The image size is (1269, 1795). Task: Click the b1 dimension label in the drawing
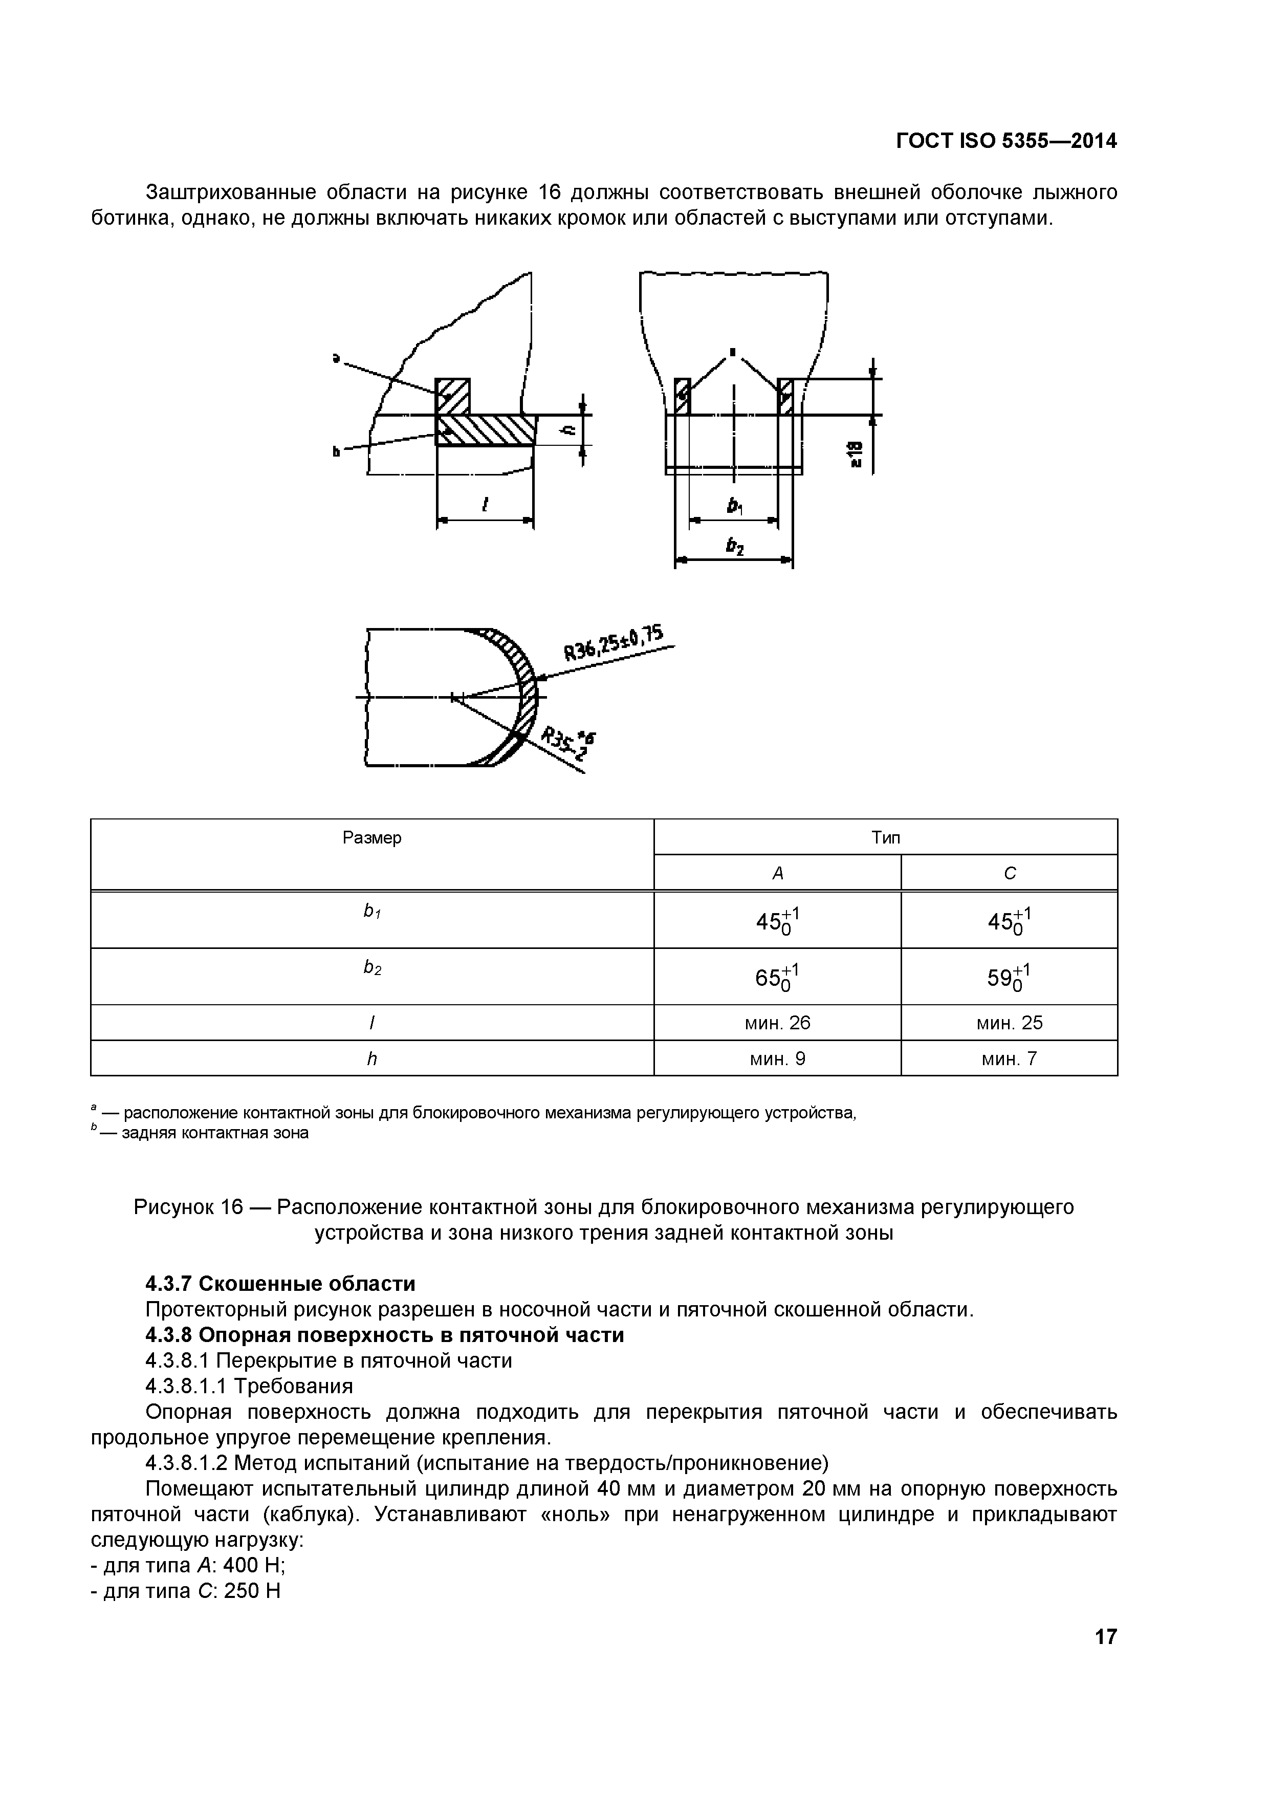coord(734,507)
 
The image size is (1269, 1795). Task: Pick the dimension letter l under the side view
coord(485,506)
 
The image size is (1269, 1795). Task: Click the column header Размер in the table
coord(372,838)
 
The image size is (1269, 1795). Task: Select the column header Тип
coord(885,838)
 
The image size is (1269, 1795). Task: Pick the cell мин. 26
coord(777,1023)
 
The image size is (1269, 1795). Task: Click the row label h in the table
coord(372,1058)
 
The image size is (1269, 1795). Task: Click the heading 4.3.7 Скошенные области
coord(280,1284)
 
